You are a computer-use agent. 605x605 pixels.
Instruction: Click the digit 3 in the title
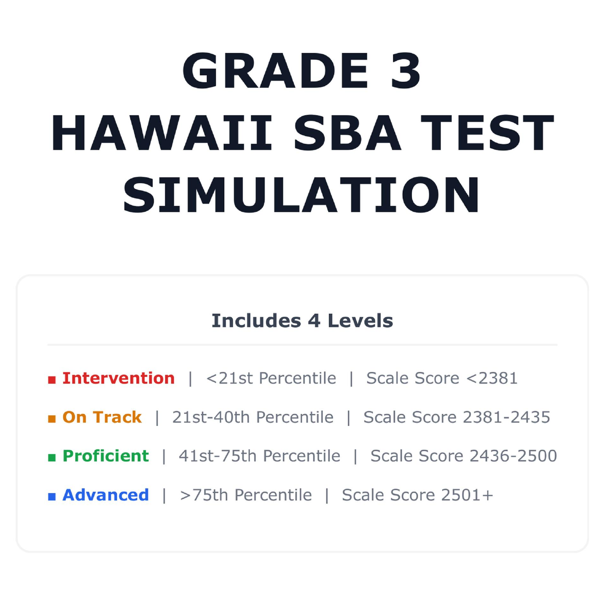(x=406, y=71)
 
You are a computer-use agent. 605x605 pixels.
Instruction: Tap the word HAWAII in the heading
(x=162, y=133)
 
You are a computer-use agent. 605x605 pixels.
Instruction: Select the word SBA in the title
(x=347, y=133)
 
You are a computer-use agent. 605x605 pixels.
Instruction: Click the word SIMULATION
(x=302, y=195)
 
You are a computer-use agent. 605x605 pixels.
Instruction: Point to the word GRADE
(x=275, y=71)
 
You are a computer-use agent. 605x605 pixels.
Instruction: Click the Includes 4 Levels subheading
(x=302, y=321)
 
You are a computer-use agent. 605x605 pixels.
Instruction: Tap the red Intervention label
(x=119, y=378)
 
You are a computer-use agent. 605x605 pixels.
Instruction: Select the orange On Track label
(x=102, y=417)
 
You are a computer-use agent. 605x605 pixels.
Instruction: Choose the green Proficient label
(x=106, y=456)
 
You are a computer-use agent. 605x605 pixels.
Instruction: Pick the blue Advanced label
(x=106, y=495)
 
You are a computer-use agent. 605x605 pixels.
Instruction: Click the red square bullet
(x=52, y=380)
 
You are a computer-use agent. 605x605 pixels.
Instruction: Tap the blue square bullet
(x=52, y=497)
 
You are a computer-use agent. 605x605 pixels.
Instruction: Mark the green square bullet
(x=52, y=458)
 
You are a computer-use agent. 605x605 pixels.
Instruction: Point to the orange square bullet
(x=52, y=419)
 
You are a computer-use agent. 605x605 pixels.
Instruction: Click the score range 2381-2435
(x=507, y=417)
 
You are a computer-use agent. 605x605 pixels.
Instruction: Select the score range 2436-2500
(x=513, y=456)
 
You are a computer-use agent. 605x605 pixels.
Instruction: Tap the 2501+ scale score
(x=467, y=495)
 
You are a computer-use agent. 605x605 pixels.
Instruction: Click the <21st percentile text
(x=271, y=378)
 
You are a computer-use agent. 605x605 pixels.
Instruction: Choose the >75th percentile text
(x=246, y=495)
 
